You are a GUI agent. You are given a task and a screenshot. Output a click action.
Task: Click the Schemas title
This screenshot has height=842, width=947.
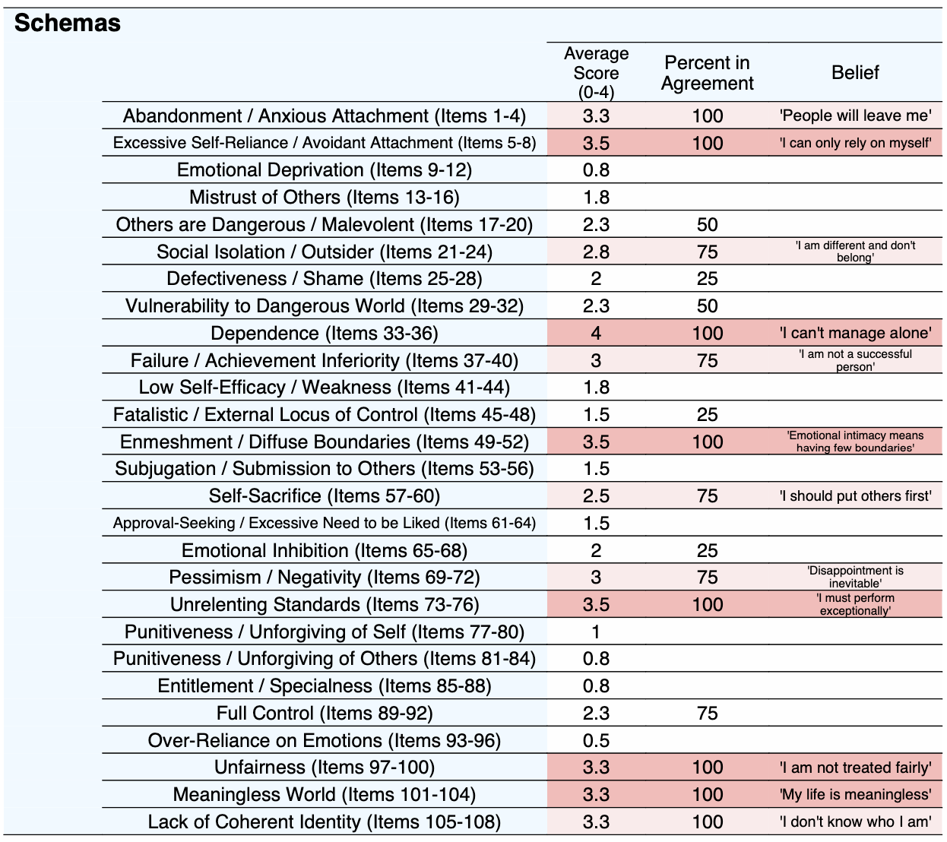click(68, 23)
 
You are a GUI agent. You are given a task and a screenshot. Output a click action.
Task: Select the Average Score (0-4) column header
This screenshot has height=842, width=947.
click(596, 73)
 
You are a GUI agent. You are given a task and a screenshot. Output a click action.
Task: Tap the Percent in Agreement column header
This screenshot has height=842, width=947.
click(707, 73)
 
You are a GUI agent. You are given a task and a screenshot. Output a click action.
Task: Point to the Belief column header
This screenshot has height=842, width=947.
click(855, 72)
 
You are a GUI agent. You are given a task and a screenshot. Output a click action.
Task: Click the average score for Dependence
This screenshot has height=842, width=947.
click(596, 333)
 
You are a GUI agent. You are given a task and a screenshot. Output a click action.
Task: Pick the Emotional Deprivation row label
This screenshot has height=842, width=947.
click(325, 169)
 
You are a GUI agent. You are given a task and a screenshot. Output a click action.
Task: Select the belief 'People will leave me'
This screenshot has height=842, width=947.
click(855, 116)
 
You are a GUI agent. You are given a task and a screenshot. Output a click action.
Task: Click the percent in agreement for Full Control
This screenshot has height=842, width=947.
click(707, 713)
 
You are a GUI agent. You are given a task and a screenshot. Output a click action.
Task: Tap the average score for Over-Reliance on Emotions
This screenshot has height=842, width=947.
click(596, 740)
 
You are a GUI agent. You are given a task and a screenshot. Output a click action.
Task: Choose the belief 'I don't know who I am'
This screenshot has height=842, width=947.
click(855, 821)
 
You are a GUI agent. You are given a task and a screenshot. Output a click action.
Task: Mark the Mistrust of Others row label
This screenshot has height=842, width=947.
click(325, 197)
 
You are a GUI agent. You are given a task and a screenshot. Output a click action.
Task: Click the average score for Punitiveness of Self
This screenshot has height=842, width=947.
click(596, 631)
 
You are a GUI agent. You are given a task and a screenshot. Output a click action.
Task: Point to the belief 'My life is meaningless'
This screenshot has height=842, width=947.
click(855, 794)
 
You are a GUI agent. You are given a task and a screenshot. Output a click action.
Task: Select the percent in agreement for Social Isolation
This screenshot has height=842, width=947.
click(707, 252)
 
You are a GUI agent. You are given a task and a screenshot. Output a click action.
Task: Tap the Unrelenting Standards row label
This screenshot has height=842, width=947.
click(325, 604)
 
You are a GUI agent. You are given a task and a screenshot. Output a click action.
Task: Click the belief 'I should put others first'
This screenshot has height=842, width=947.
click(855, 495)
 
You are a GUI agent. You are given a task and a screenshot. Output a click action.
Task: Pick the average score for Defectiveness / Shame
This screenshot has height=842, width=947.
click(596, 279)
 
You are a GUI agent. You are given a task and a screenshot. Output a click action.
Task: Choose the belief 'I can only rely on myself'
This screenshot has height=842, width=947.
click(855, 143)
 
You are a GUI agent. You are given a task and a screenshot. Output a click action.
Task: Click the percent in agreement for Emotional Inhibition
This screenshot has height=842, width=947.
click(707, 550)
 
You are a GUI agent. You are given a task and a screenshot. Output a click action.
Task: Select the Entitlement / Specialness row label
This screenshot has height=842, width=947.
click(325, 686)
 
